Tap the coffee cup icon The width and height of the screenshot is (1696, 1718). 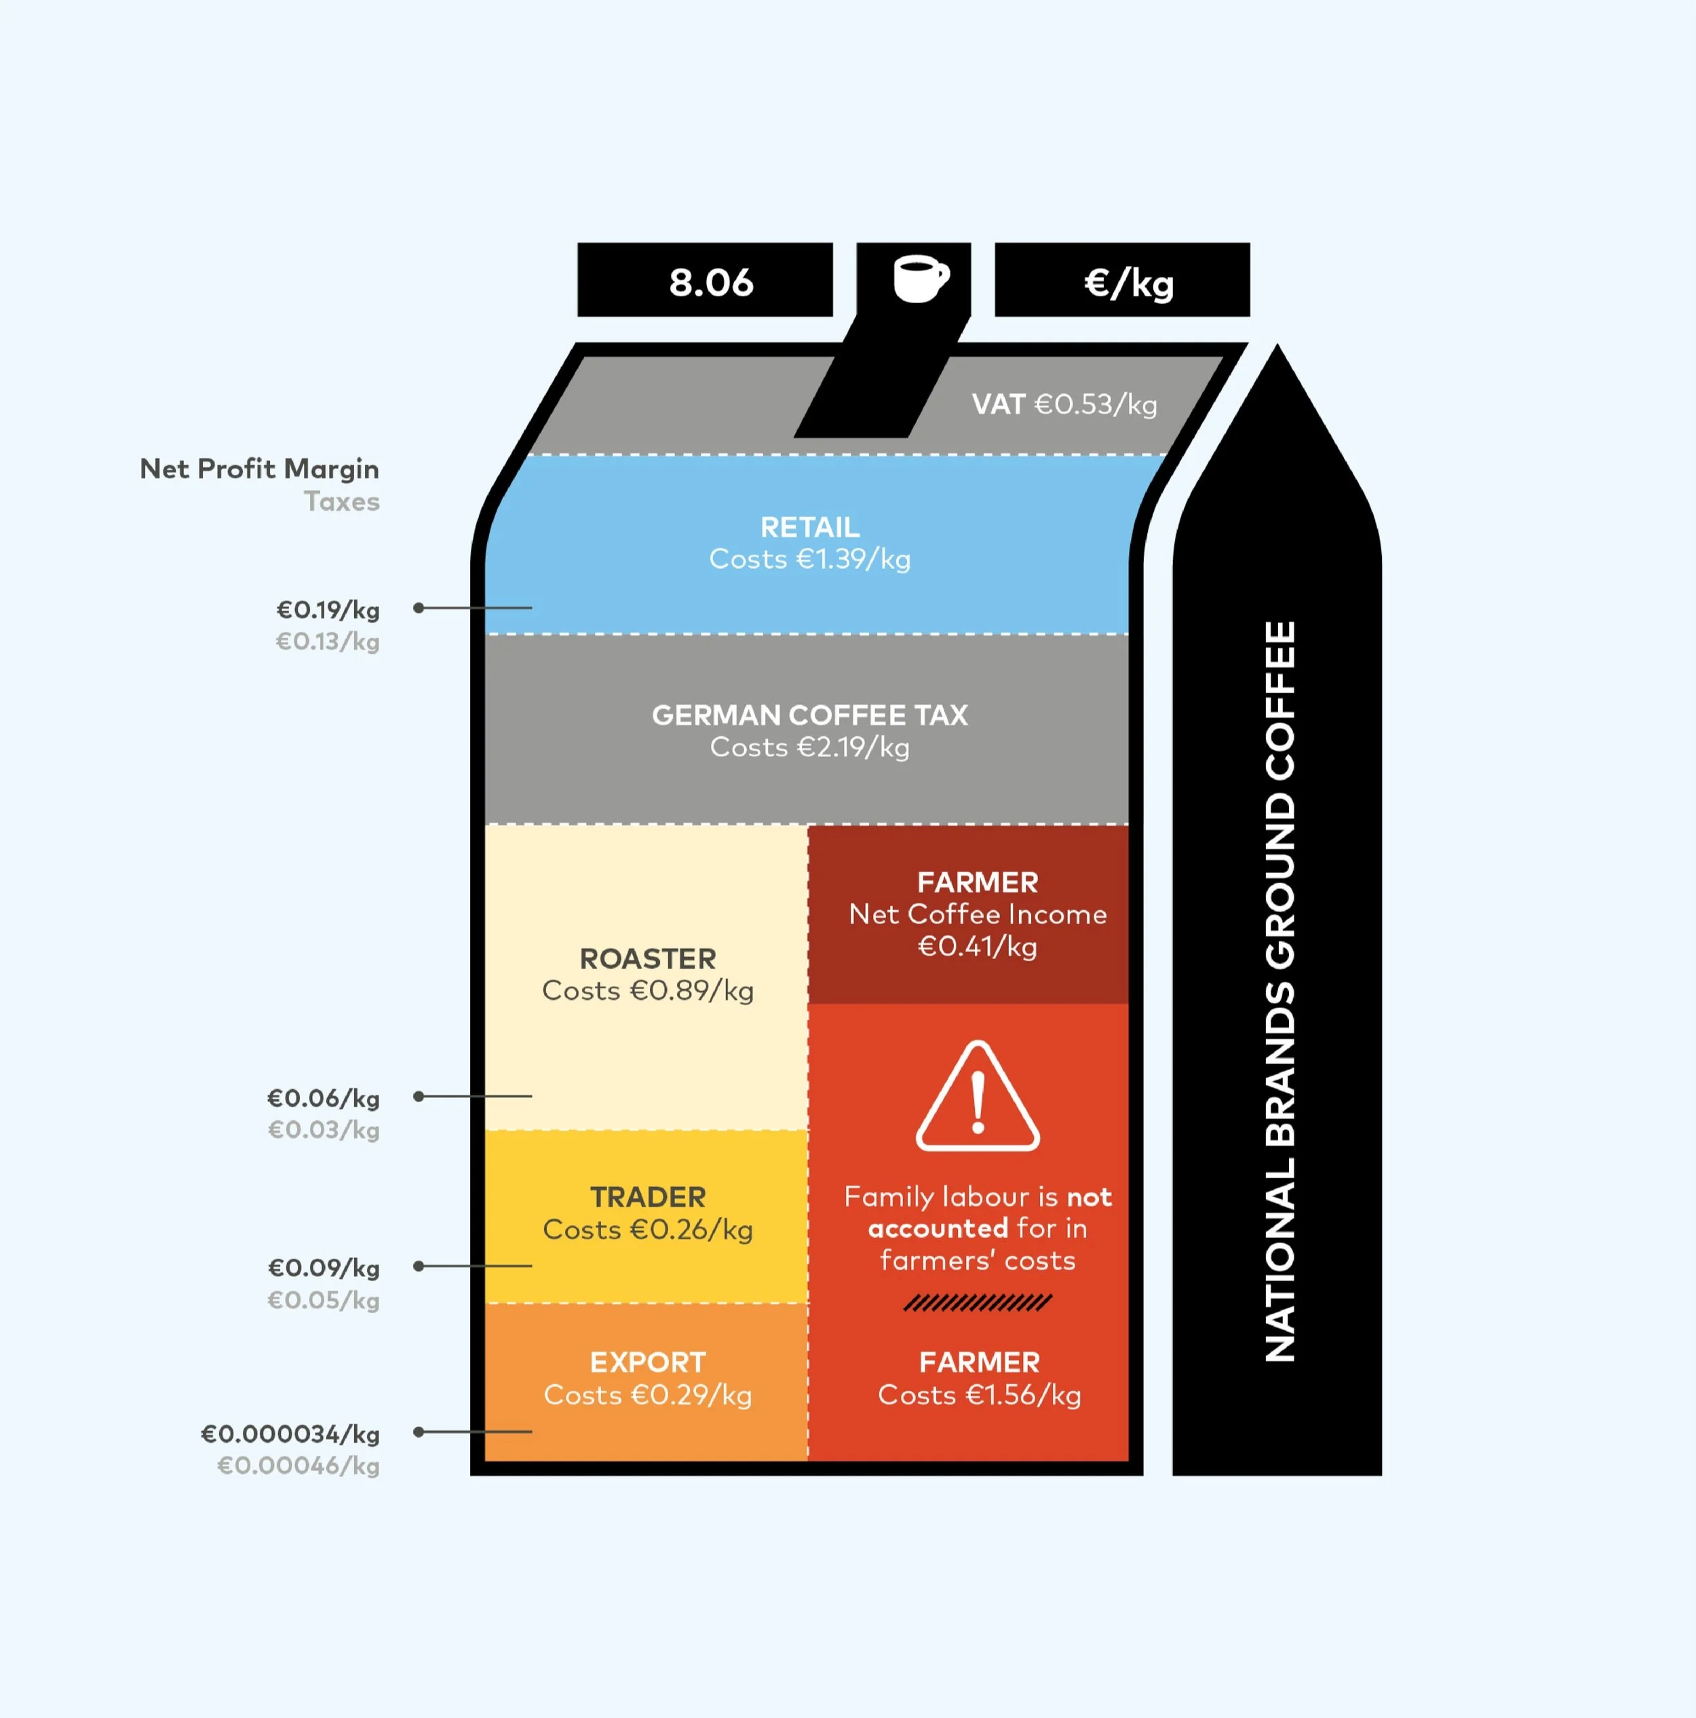(x=921, y=279)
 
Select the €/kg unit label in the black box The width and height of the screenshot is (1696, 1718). (x=1129, y=284)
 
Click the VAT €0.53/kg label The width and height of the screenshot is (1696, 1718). (x=1064, y=405)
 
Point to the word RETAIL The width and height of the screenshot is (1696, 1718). (x=809, y=527)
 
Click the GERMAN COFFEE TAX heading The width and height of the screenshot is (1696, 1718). (x=809, y=715)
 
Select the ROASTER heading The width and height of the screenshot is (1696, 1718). (x=647, y=958)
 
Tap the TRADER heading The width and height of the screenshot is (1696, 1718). (x=647, y=1197)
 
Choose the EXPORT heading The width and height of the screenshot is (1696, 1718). (x=647, y=1363)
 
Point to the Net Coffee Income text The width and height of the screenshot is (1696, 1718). (x=978, y=914)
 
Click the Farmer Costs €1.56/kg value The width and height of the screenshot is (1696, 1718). (x=979, y=1395)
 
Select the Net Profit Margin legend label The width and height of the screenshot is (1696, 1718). (x=258, y=469)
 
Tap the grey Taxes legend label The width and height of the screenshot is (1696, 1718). (x=341, y=501)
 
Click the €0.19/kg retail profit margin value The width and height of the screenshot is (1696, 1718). (x=327, y=610)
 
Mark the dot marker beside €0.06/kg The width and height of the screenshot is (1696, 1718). (x=418, y=1097)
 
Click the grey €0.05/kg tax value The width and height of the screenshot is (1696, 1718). (x=323, y=1300)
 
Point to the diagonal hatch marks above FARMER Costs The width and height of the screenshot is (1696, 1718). (x=978, y=1304)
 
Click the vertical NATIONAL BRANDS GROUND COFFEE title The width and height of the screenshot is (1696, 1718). (x=1279, y=992)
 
